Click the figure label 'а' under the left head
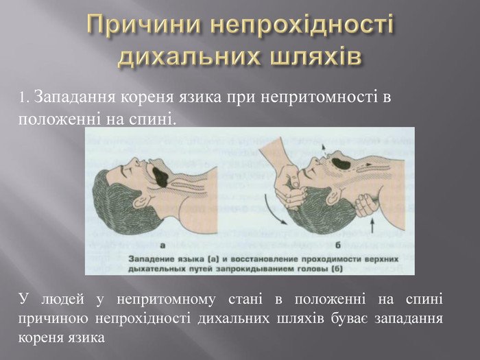coord(163,245)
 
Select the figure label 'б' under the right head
coord(338,245)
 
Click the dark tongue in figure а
coord(160,177)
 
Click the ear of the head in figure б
coord(333,196)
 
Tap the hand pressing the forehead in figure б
coord(290,187)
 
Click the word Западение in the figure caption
coord(151,259)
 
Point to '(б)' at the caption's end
coord(337,269)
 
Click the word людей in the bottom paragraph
coord(62,300)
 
